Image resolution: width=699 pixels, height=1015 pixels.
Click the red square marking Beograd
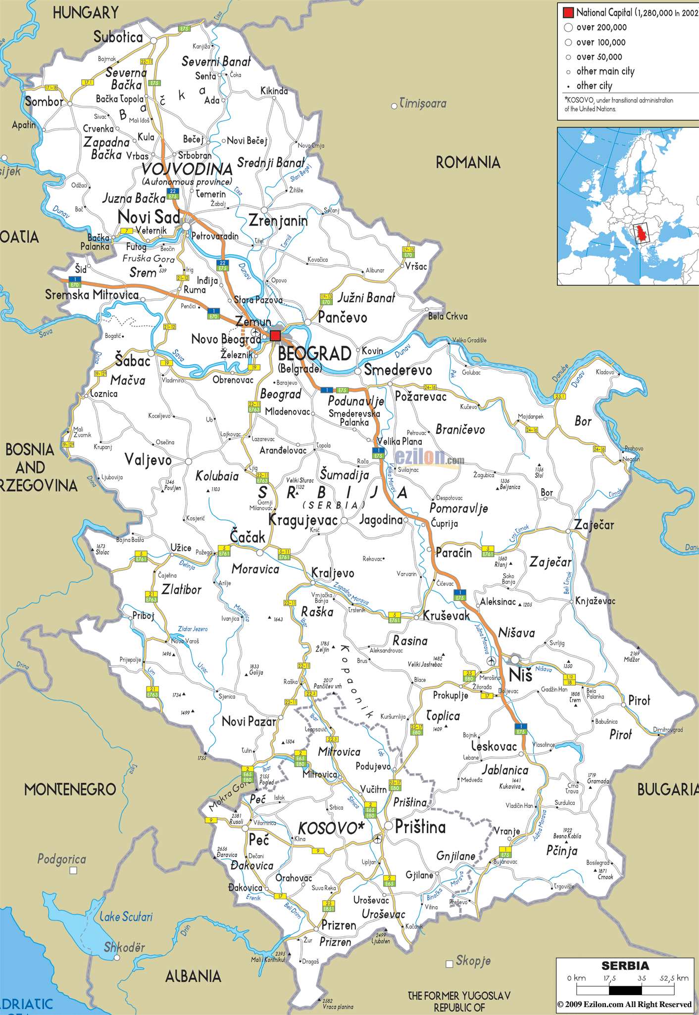[x=275, y=336]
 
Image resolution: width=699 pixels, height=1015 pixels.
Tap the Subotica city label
[x=118, y=37]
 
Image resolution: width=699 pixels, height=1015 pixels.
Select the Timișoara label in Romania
[x=422, y=103]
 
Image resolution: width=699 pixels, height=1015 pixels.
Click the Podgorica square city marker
[x=73, y=871]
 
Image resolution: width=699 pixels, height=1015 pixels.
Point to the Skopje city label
[x=473, y=961]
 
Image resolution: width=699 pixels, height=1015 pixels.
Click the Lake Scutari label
[x=126, y=917]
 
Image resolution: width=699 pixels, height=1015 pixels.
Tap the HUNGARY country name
[x=86, y=12]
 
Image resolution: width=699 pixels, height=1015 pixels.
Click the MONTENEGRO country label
[x=70, y=789]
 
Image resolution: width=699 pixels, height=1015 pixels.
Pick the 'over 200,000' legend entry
[x=601, y=28]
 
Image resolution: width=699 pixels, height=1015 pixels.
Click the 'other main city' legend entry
[x=605, y=71]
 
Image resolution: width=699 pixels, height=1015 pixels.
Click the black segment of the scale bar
[x=625, y=990]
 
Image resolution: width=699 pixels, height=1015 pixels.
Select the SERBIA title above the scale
[x=625, y=966]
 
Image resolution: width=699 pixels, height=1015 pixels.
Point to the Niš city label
[x=520, y=675]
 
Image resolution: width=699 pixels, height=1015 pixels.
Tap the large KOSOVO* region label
[x=331, y=828]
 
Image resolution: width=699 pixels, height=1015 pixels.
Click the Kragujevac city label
[x=302, y=520]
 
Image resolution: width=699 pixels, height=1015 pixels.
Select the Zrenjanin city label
[x=278, y=221]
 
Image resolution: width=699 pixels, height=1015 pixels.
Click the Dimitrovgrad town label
[x=667, y=730]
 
